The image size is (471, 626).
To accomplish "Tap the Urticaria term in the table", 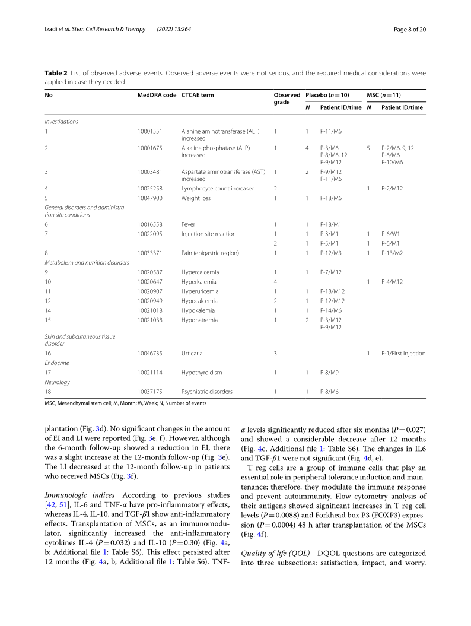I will click(x=192, y=354).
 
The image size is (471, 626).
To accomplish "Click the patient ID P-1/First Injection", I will click(x=403, y=354).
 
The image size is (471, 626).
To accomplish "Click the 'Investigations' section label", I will click(x=62, y=121).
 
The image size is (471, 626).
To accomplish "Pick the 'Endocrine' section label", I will click(x=57, y=363).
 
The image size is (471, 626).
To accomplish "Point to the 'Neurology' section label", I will click(x=58, y=382).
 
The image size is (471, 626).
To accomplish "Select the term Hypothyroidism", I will click(x=202, y=373).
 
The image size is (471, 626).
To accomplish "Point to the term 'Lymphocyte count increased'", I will click(x=218, y=189).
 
